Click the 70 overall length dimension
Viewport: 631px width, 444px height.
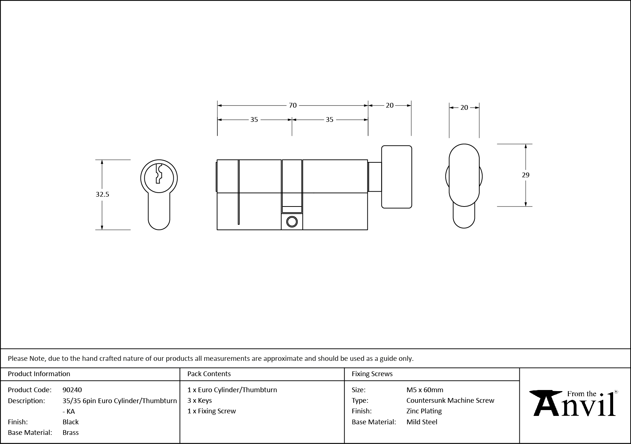tap(293, 105)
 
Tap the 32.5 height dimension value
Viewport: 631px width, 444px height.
tap(102, 194)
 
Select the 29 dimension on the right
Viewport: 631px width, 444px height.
tap(525, 175)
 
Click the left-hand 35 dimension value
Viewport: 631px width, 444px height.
tap(254, 120)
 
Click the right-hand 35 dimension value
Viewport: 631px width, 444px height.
tap(329, 120)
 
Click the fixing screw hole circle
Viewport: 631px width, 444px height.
tap(292, 222)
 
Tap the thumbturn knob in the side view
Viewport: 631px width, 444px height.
tap(396, 177)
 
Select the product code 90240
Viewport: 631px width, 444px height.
tap(72, 390)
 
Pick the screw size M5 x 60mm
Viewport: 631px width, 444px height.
tap(425, 390)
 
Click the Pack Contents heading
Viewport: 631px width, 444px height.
tap(209, 374)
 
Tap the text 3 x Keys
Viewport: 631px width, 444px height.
tap(200, 400)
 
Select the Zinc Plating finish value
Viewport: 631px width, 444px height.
tap(424, 411)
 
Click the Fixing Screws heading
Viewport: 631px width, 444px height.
tap(372, 374)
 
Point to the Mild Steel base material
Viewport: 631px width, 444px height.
tap(422, 422)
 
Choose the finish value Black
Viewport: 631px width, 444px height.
tap(70, 422)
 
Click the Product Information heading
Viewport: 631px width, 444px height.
tap(39, 374)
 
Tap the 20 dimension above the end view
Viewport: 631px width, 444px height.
tap(464, 108)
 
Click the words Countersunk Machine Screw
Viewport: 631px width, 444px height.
tap(450, 400)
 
